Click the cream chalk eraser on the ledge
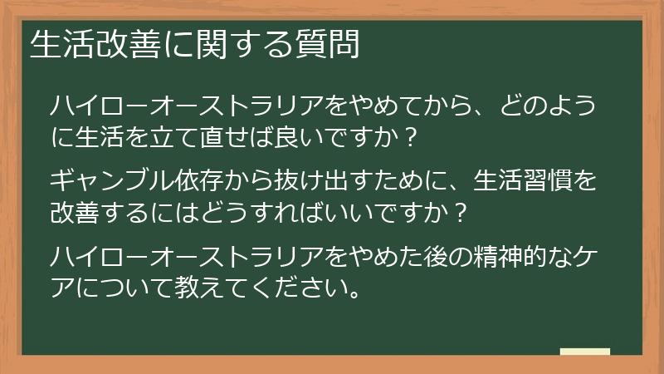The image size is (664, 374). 584,352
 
